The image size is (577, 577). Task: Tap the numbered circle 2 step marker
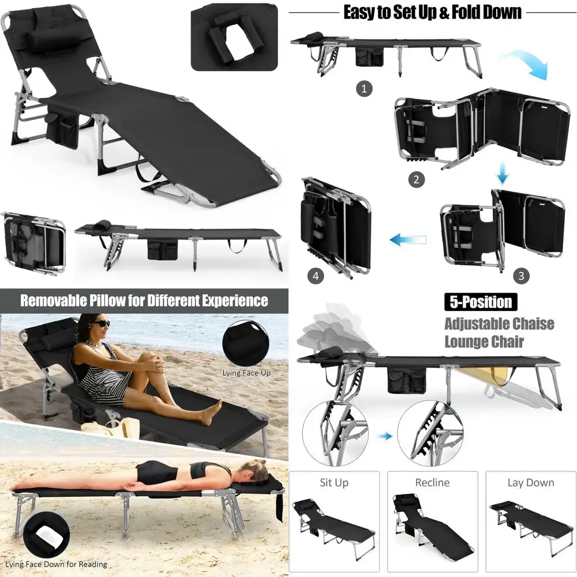pyautogui.click(x=417, y=179)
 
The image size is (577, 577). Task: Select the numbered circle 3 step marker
pyautogui.click(x=521, y=275)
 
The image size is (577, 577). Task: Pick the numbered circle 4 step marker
pyautogui.click(x=315, y=276)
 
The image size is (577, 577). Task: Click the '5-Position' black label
pyautogui.click(x=478, y=302)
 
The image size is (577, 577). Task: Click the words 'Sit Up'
pyautogui.click(x=334, y=482)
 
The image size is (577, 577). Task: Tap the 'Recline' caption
pyautogui.click(x=432, y=482)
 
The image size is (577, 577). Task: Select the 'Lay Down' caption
pyautogui.click(x=530, y=482)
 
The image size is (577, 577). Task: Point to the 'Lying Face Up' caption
pyautogui.click(x=247, y=373)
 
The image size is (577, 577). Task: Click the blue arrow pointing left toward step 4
pyautogui.click(x=407, y=238)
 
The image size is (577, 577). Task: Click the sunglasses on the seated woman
pyautogui.click(x=102, y=324)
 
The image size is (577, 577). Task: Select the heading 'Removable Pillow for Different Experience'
pyautogui.click(x=144, y=301)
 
